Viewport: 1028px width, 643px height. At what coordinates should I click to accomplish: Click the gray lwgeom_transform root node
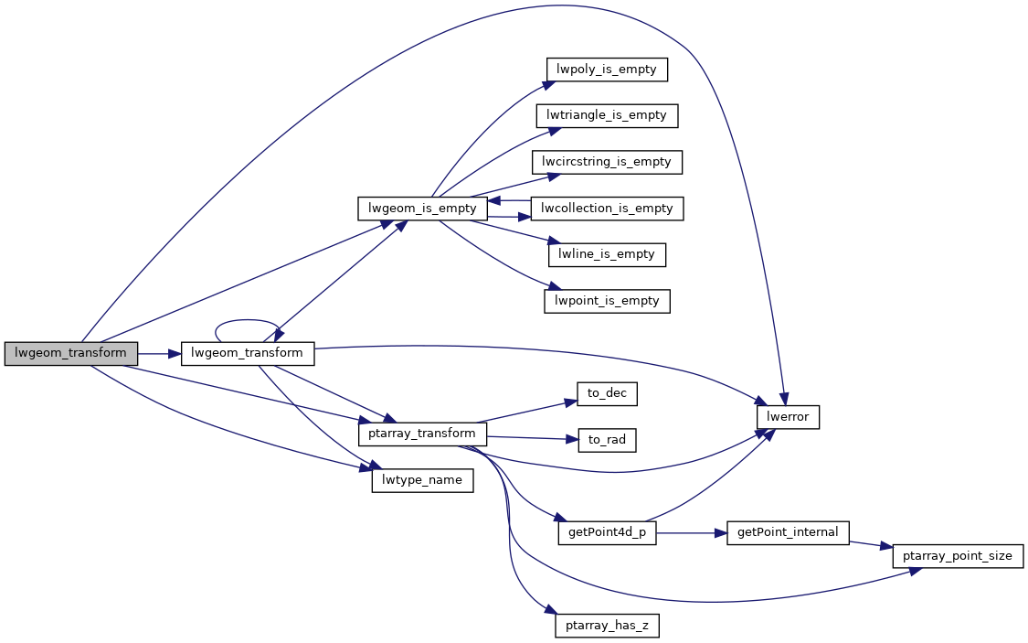[x=70, y=353]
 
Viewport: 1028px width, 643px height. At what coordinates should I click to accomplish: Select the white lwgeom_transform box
[x=248, y=353]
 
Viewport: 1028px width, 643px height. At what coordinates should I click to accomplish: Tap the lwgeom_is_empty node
[x=422, y=209]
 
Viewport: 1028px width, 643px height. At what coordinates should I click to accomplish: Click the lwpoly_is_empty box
[x=607, y=70]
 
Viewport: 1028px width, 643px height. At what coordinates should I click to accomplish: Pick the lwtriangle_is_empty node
[x=607, y=115]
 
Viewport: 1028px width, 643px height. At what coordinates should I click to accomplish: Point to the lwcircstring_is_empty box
[x=607, y=162]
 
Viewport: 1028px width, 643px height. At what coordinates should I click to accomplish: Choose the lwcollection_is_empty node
[x=607, y=209]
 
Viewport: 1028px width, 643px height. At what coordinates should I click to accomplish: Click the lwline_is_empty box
[x=607, y=254]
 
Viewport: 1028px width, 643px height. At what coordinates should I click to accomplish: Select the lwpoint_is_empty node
[x=607, y=301]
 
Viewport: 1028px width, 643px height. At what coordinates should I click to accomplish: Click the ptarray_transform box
[x=422, y=434]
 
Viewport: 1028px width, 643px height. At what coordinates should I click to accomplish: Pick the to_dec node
[x=607, y=394]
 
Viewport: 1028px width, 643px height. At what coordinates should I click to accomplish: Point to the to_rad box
[x=607, y=440]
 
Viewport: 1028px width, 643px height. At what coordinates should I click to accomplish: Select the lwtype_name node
[x=422, y=480]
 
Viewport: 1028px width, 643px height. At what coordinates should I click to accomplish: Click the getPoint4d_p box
[x=607, y=533]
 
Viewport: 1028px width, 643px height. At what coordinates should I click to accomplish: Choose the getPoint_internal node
[x=789, y=532]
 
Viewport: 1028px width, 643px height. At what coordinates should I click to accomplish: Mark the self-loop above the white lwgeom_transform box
[x=247, y=322]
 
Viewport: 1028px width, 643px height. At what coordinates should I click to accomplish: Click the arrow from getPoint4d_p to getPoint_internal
[x=692, y=532]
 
